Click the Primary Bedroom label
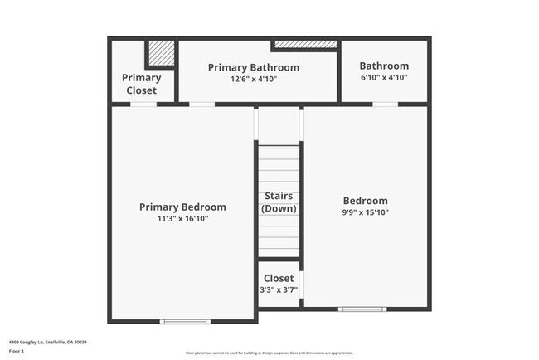pyautogui.click(x=182, y=207)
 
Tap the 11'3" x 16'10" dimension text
pyautogui.click(x=182, y=219)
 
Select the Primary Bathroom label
pyautogui.click(x=254, y=67)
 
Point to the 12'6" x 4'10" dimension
pyautogui.click(x=254, y=79)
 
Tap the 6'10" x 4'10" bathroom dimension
pyautogui.click(x=384, y=78)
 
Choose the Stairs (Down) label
pyautogui.click(x=279, y=202)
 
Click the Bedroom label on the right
pyautogui.click(x=365, y=201)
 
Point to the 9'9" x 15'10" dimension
pyautogui.click(x=366, y=212)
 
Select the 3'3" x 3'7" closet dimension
pyautogui.click(x=279, y=290)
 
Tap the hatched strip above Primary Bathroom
pyautogui.click(x=305, y=43)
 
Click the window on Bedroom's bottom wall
pyautogui.click(x=362, y=309)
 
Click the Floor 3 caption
pyautogui.click(x=17, y=352)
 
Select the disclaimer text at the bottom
pyautogui.click(x=269, y=353)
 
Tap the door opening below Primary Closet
pyautogui.click(x=143, y=104)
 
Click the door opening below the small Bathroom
pyautogui.click(x=383, y=104)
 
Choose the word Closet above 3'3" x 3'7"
pyautogui.click(x=279, y=279)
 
